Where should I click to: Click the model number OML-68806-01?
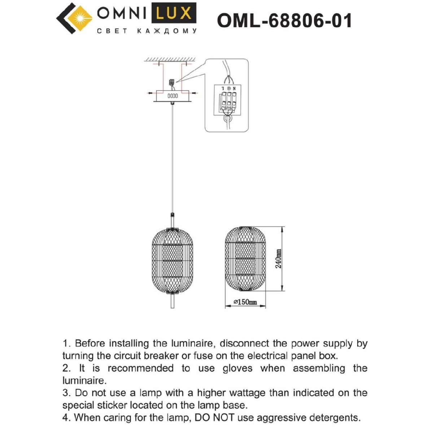pyautogui.click(x=284, y=21)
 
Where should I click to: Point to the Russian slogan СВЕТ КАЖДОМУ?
pyautogui.click(x=147, y=31)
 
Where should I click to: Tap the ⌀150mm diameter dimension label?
pyautogui.click(x=245, y=302)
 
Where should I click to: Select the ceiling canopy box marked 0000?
pyautogui.click(x=172, y=96)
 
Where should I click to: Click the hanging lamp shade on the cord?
pyautogui.click(x=172, y=260)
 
